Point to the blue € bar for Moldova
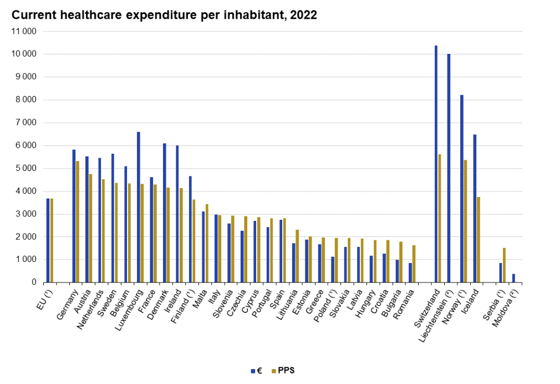(x=513, y=278)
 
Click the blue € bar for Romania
(x=410, y=272)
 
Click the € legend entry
(x=255, y=371)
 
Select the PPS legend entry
(x=282, y=371)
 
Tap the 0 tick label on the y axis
(x=34, y=282)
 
